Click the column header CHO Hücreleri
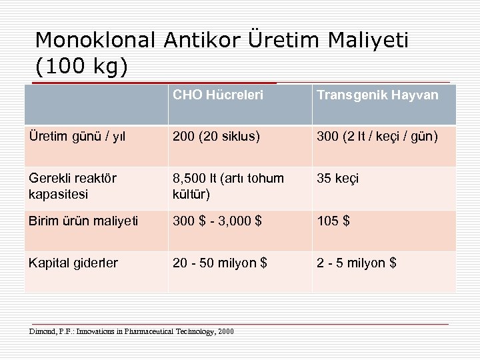point(218,95)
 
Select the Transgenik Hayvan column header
point(377,95)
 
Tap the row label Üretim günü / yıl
point(77,137)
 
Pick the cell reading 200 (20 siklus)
point(216,137)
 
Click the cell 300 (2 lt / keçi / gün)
point(377,137)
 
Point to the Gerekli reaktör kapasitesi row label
point(72,185)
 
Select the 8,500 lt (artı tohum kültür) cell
point(228,185)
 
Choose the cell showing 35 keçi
point(337,179)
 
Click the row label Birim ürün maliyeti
point(83,221)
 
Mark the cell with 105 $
point(333,221)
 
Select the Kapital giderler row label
point(73,263)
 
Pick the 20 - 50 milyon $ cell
point(220,263)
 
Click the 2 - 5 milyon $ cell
point(357,263)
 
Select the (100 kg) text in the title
point(81,67)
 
